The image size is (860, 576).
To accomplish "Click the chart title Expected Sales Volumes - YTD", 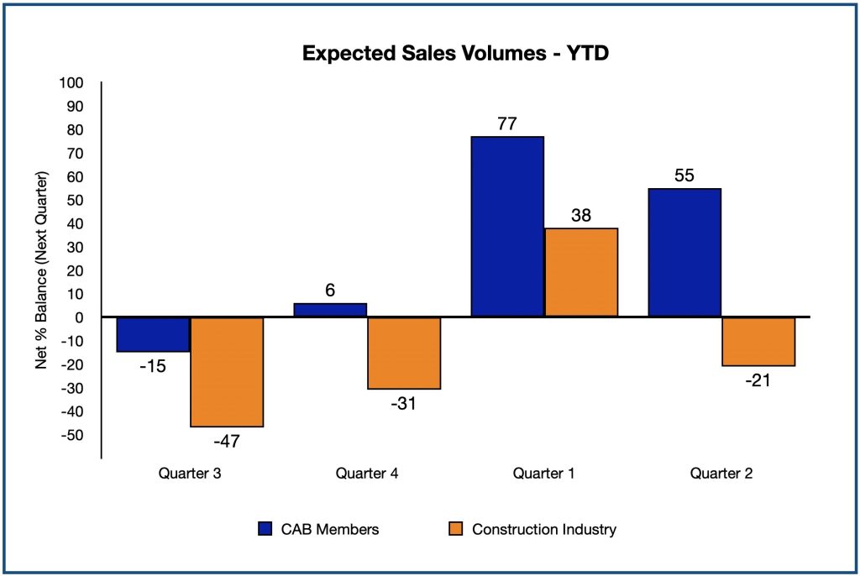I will click(454, 54).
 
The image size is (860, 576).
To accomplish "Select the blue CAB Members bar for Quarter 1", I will click(507, 226).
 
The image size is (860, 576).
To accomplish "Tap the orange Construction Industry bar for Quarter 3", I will click(227, 371).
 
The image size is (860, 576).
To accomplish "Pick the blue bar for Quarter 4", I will click(330, 310).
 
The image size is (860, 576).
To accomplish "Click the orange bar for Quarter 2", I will click(758, 341).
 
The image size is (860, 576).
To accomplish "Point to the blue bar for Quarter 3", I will click(154, 334).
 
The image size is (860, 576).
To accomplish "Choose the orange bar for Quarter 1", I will click(581, 272).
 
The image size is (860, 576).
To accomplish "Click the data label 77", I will click(506, 123).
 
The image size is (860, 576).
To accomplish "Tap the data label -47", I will click(227, 440).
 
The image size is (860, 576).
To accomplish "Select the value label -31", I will click(404, 402).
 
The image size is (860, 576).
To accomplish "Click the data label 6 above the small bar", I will click(330, 290).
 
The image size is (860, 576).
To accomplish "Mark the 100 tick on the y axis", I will click(73, 83).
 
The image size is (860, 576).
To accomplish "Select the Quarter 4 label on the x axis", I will click(367, 474).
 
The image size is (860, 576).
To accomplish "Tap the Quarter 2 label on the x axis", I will click(721, 474).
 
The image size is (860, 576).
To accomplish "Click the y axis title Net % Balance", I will click(40, 270).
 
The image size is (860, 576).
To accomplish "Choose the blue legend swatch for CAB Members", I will click(266, 529).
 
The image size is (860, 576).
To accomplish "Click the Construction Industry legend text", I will click(544, 529).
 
